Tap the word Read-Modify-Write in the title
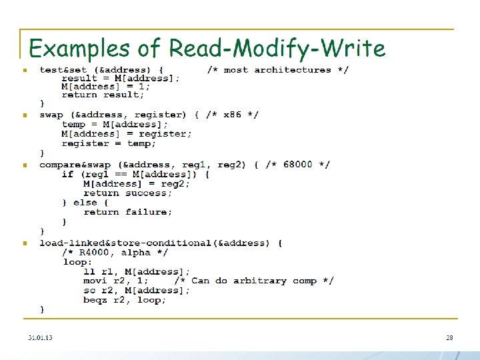click(277, 49)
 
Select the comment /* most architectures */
click(277, 69)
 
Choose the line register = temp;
click(109, 143)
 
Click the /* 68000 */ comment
click(298, 165)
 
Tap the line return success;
click(127, 193)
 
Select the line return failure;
click(127, 212)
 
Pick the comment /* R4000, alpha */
click(115, 253)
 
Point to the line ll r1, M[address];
click(137, 271)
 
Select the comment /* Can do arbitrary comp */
click(254, 281)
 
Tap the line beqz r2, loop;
click(125, 300)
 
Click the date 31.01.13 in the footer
click(40, 337)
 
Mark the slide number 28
click(449, 337)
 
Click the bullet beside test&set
click(24, 70)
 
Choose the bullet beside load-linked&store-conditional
click(24, 243)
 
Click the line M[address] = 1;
click(105, 86)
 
